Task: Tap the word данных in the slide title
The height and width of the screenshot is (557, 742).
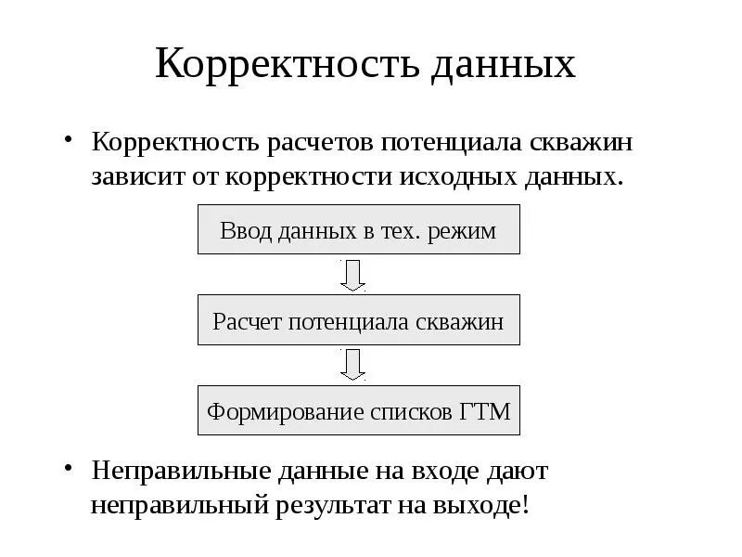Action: tap(502, 63)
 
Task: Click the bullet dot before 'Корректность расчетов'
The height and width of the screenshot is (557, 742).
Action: tap(68, 140)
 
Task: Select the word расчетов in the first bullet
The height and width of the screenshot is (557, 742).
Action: tap(315, 144)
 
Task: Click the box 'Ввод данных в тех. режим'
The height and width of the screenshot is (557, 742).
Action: tap(358, 230)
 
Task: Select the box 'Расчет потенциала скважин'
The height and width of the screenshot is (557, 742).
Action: tap(358, 321)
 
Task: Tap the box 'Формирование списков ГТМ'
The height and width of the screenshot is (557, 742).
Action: tap(358, 411)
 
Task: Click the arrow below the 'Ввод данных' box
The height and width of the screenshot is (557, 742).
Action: tap(352, 275)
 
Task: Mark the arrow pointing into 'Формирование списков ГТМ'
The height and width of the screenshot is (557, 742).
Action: tap(352, 365)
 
